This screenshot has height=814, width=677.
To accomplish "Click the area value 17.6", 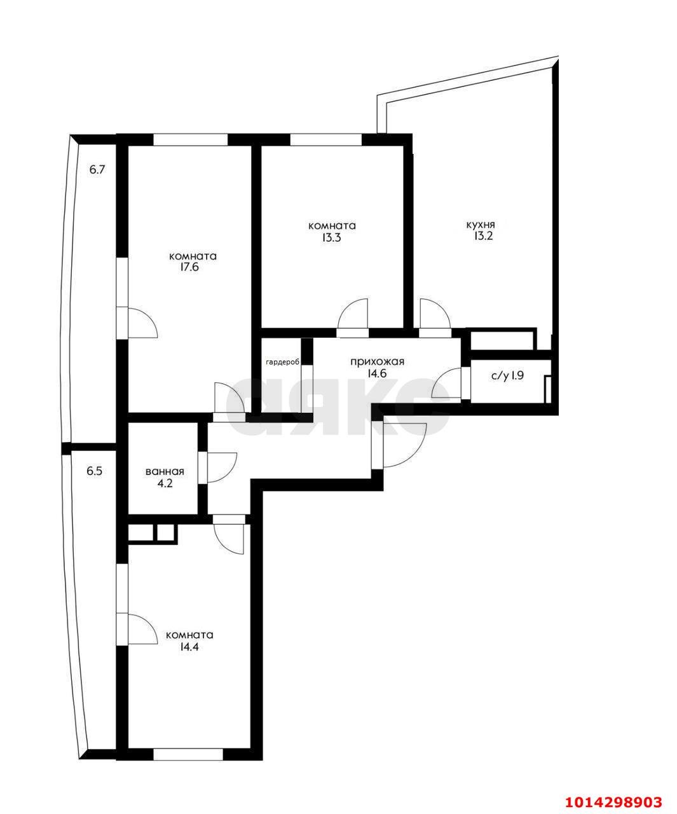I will point(189,268).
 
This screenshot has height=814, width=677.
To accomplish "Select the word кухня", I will point(481,224).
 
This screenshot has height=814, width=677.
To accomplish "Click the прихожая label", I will point(377,362).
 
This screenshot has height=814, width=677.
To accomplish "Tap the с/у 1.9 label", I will point(507,376).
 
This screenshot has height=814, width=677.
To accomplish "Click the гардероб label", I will point(283,362).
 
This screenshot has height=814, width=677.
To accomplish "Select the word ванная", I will point(165,471).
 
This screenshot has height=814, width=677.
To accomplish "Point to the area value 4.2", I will point(165,483).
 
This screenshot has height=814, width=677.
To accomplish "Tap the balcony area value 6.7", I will point(97,169).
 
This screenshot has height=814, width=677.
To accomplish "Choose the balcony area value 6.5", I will point(95,471).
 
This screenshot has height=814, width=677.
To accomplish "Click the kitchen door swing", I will point(435,314).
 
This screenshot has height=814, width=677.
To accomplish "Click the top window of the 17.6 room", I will point(190,140).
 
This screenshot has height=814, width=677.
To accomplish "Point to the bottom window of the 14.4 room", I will point(188,754).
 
